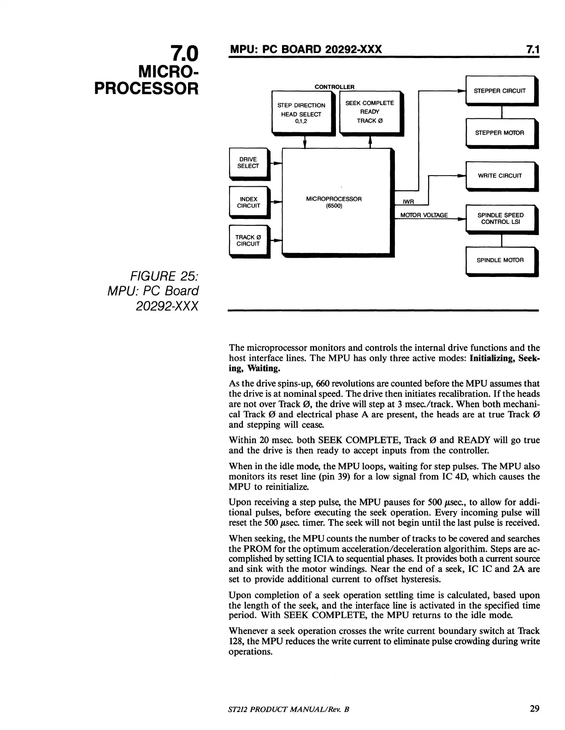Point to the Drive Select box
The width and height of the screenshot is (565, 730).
coord(248,163)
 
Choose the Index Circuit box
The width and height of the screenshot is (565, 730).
coord(248,202)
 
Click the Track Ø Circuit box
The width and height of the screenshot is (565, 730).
coord(248,241)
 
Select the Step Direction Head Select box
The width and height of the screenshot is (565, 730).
coord(302,113)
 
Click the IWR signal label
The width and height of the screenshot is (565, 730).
coord(409,202)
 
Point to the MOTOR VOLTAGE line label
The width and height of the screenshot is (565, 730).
coord(424,215)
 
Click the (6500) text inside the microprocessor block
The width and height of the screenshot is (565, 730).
coord(334,206)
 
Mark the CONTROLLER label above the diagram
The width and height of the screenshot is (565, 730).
coord(334,87)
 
